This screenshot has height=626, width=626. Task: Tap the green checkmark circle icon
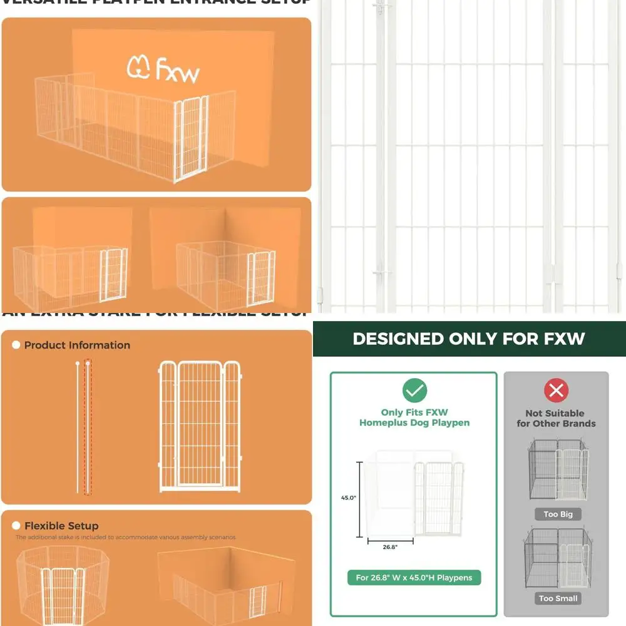click(x=414, y=391)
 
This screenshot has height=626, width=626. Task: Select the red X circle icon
click(x=556, y=391)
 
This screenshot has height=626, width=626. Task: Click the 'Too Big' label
click(x=558, y=514)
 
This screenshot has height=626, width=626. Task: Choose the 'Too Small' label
click(x=558, y=598)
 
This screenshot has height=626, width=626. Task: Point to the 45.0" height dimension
click(x=349, y=498)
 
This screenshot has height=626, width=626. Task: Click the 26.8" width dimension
click(x=389, y=546)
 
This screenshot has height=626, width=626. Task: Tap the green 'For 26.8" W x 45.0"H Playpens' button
click(x=414, y=577)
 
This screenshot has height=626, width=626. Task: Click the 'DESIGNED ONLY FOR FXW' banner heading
click(x=468, y=339)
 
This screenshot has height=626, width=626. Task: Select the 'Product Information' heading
click(x=77, y=345)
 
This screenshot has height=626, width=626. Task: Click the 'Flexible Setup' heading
click(x=61, y=526)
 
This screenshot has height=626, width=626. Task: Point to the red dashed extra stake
click(x=88, y=427)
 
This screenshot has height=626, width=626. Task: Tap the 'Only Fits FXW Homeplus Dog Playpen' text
click(x=414, y=418)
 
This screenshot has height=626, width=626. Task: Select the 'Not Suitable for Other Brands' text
click(x=556, y=418)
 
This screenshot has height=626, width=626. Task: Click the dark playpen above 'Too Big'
click(x=558, y=469)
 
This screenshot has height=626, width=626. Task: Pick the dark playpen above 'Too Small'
click(x=558, y=557)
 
